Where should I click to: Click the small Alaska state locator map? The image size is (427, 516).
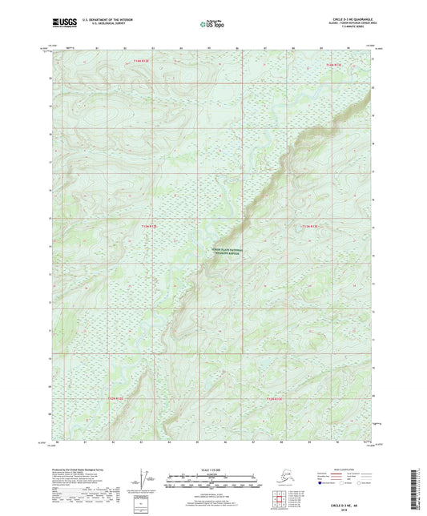[285, 477]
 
